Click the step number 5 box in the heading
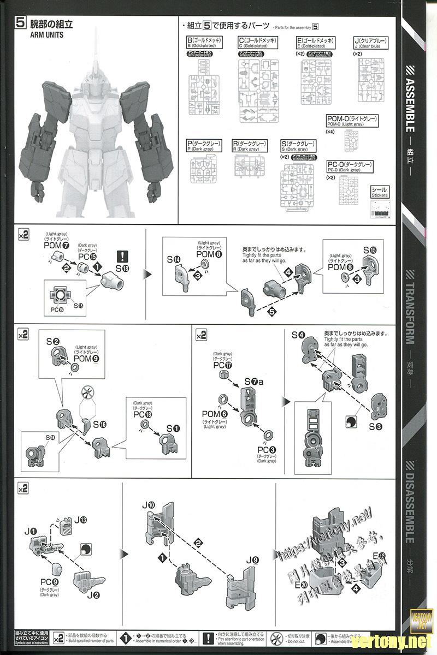click(21, 23)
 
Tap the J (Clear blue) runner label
click(372, 43)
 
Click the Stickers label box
click(380, 192)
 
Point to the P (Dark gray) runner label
click(204, 146)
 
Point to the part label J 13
click(80, 520)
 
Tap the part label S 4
click(298, 335)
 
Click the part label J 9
click(252, 560)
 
